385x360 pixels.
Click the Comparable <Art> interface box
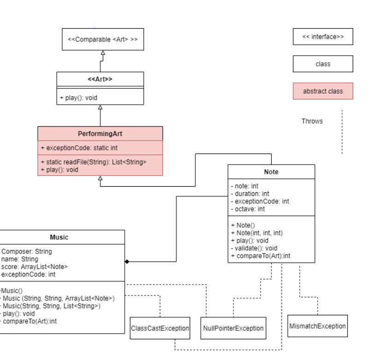102,39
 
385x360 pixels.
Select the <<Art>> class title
100,79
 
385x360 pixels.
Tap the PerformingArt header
100,134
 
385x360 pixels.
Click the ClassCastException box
160,328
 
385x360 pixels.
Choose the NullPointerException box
233,328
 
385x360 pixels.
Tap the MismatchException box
317,326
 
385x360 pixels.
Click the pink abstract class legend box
322,91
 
